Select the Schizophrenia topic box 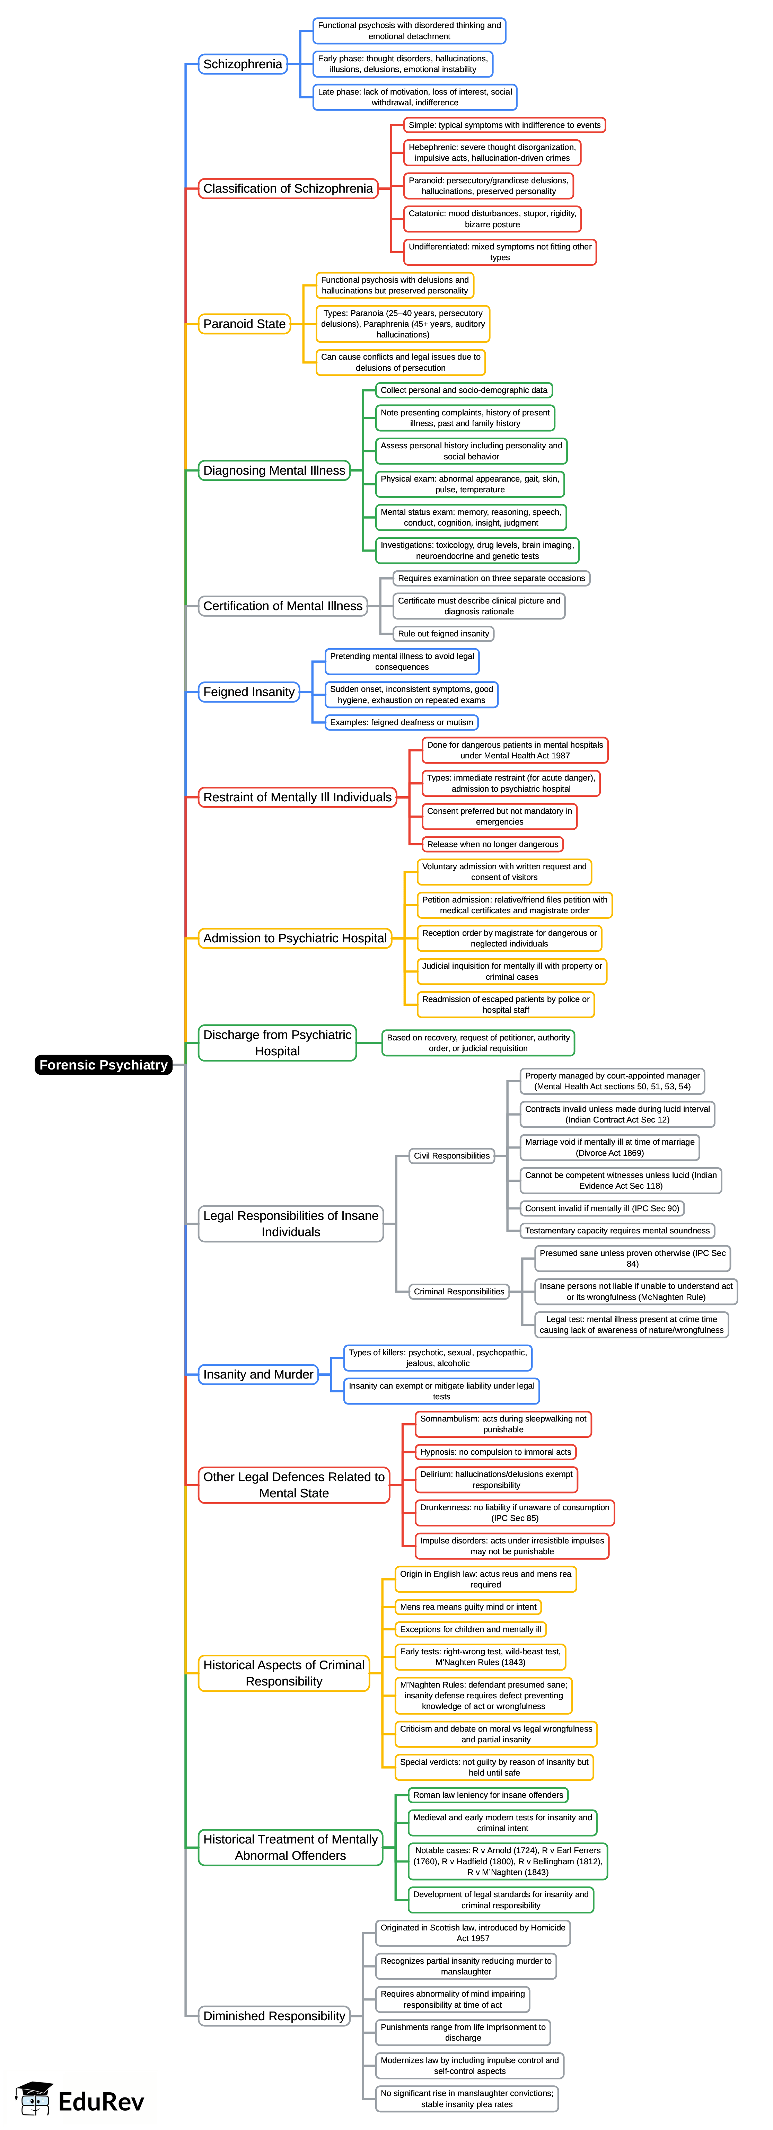[242, 64]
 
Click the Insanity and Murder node [258, 1374]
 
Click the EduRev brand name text [101, 2101]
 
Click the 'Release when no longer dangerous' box [492, 844]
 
